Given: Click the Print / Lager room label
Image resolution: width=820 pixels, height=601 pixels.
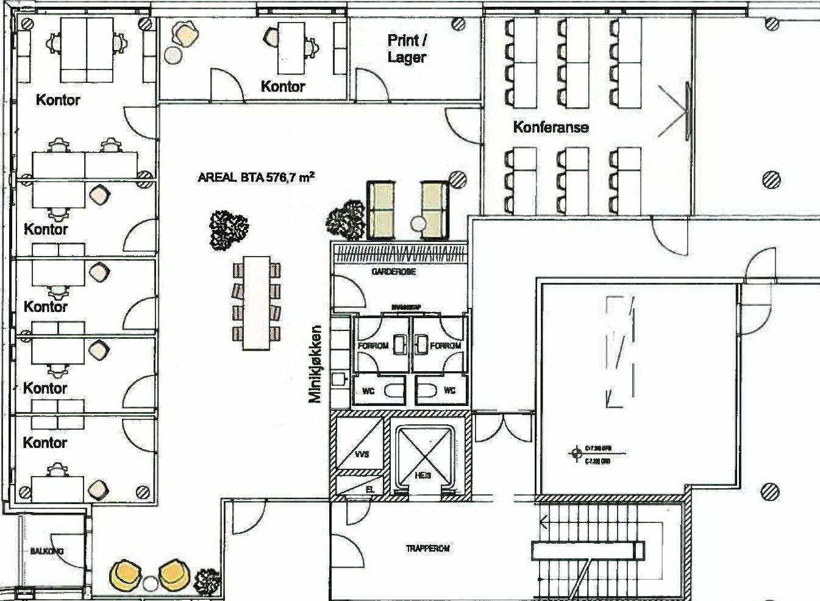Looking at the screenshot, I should pos(407,49).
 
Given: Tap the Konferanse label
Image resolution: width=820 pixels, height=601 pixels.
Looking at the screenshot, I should pos(551,127).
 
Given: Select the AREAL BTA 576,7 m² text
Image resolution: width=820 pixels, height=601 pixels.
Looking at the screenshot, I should pos(256,177).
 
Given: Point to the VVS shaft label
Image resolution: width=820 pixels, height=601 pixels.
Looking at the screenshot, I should pos(362,455).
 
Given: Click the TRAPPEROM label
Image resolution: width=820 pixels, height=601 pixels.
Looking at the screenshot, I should pos(428,549).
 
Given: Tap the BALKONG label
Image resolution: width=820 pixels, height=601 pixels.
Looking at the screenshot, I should pos(47,551).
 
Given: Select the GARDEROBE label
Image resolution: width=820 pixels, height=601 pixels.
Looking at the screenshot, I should pos(393,272).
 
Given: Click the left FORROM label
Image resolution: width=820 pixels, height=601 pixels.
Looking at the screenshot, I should pos(372,346).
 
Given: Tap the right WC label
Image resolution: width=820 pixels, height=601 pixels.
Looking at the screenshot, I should pos(449,390).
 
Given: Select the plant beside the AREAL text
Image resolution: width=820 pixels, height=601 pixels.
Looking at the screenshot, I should pos(229,229).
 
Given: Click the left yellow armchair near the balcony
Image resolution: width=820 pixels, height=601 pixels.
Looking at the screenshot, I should pos(126,575).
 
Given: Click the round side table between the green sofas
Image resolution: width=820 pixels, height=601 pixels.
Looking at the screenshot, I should pos(418,223).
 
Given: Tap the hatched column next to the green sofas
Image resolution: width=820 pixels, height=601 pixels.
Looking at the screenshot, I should pos(457,179).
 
